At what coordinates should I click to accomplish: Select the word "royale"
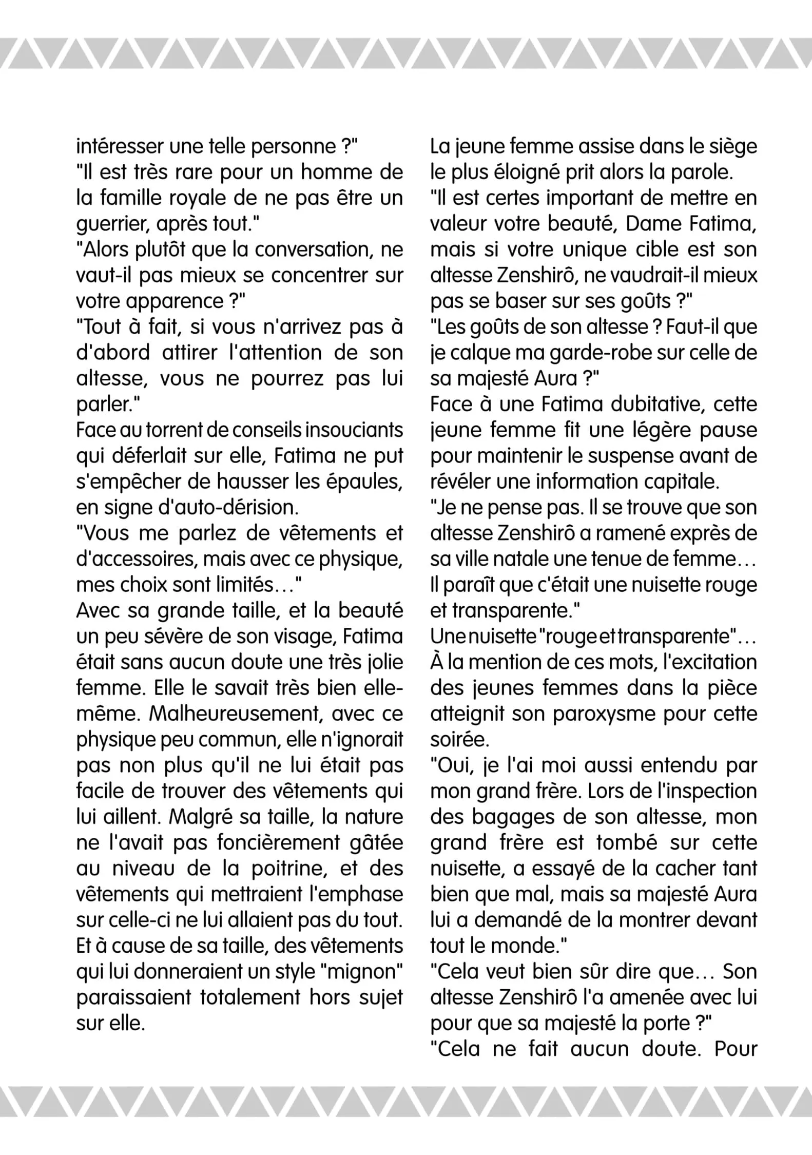191,199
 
